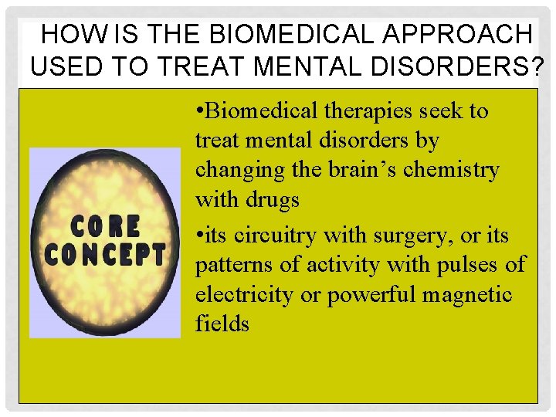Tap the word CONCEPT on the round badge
click(x=105, y=255)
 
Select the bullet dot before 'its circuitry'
click(x=199, y=234)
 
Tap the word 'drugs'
click(x=273, y=201)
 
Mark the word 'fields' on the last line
click(x=222, y=324)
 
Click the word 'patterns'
click(x=232, y=265)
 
